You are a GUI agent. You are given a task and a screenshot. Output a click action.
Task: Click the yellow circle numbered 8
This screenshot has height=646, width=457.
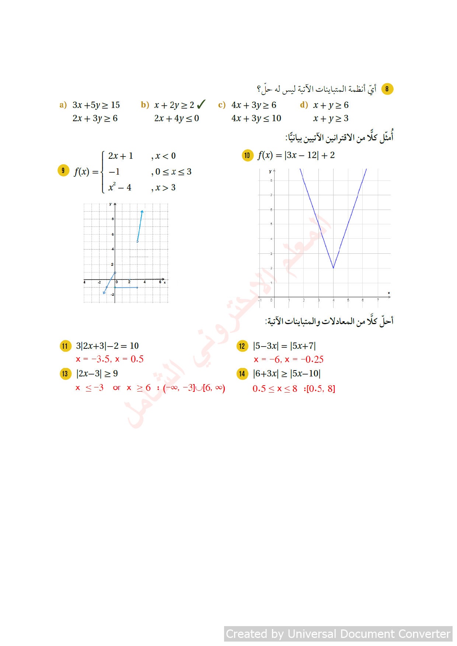tap(387, 89)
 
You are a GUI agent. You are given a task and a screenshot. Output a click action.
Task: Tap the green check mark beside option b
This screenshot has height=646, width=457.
tap(201, 105)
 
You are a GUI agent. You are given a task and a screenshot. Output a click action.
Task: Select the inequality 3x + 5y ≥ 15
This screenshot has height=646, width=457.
tap(96, 105)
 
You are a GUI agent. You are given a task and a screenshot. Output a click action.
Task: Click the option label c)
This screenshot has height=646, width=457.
tap(221, 105)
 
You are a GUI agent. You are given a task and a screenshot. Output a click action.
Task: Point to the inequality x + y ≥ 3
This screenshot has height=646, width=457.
tap(331, 119)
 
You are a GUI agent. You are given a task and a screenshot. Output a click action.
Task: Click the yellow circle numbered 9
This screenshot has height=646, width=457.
tap(63, 171)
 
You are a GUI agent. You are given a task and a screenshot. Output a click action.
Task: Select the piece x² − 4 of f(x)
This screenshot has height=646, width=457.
tap(120, 187)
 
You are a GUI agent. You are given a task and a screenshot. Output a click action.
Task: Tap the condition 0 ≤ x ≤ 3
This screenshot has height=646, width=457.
tap(173, 172)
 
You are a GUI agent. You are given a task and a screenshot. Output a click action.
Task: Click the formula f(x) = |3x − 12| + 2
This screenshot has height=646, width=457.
tap(296, 155)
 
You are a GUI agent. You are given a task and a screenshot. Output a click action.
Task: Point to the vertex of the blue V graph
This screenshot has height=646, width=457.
tap(333, 268)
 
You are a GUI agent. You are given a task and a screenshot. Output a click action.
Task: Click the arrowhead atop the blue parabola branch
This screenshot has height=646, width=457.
tap(142, 211)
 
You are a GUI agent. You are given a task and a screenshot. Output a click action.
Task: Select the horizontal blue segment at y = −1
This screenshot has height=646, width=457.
tap(126, 287)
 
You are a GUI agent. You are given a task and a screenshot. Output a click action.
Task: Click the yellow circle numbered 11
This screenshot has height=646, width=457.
tap(65, 346)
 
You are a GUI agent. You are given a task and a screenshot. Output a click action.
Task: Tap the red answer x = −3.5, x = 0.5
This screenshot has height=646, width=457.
tap(109, 359)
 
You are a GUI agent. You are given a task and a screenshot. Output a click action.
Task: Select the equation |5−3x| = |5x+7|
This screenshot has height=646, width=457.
tap(284, 346)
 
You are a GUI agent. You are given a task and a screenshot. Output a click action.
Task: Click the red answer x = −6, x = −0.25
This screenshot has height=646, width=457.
tap(289, 359)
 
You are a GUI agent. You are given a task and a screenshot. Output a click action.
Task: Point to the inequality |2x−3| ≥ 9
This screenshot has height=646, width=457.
tap(97, 373)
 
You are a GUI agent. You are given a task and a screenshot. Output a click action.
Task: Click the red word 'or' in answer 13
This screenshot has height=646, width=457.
tap(116, 388)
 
